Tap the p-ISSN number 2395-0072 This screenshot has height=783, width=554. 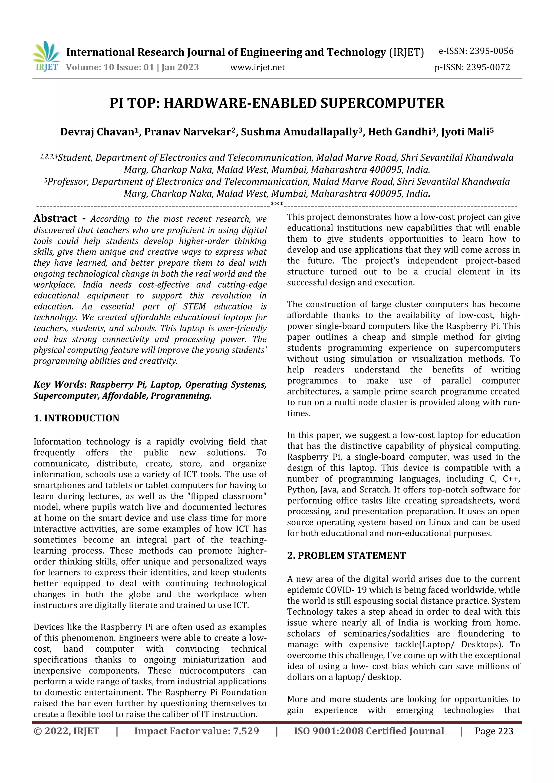(488, 68)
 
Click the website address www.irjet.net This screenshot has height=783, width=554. (257, 68)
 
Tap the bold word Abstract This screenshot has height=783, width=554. (55, 218)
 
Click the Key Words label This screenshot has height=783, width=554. (58, 384)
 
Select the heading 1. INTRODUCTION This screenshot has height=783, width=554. (77, 418)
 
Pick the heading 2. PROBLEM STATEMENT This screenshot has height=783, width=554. (346, 555)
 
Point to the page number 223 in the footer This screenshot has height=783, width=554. (506, 731)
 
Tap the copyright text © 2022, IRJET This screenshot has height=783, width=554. (66, 731)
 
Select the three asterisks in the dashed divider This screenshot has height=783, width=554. (276, 205)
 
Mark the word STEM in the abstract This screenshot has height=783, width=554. (194, 306)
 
